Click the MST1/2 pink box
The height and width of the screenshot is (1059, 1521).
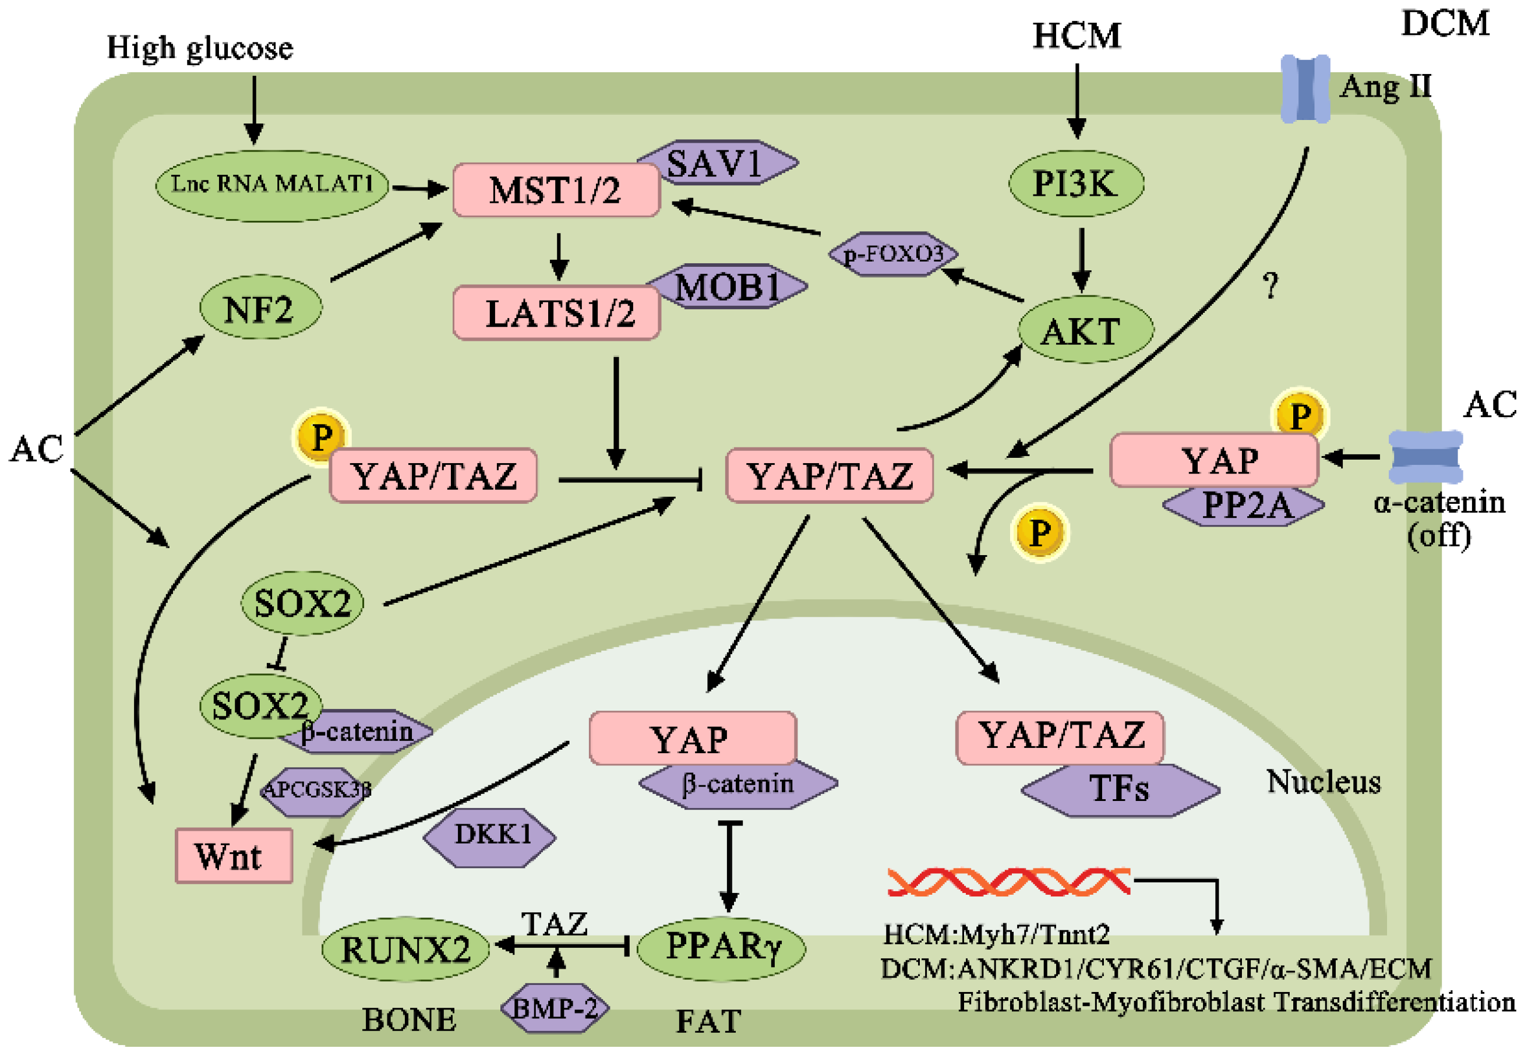pos(555,190)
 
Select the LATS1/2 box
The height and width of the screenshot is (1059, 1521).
pos(556,313)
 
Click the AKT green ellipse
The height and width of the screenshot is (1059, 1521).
pos(1085,330)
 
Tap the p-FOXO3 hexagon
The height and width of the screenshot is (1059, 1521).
pos(892,253)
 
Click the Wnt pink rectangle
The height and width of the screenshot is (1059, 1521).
pos(233,856)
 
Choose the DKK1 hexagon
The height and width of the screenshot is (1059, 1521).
pos(489,836)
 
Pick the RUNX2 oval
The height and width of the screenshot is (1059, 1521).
pos(405,949)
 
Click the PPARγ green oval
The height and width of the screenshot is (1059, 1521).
pos(721,947)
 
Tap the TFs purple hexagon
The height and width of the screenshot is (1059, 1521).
pos(1120,789)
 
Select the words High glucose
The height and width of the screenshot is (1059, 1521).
pos(199,48)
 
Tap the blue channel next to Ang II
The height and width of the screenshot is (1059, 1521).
pos(1304,89)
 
